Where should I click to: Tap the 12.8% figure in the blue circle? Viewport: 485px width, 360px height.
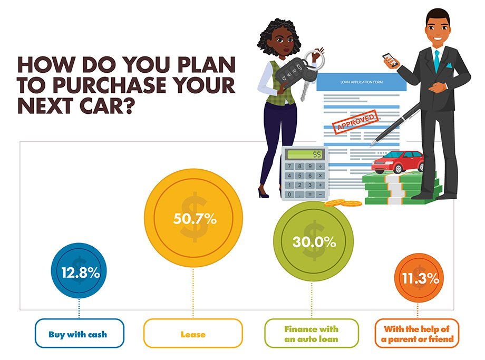(80, 273)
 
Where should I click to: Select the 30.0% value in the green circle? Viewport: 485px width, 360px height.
(314, 242)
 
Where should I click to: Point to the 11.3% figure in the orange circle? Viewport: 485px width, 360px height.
(420, 279)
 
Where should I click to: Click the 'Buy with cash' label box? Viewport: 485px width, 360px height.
(80, 334)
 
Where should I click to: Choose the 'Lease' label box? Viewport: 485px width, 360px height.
(193, 334)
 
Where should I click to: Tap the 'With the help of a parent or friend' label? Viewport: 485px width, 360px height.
(417, 334)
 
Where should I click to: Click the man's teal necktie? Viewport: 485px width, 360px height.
(436, 60)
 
